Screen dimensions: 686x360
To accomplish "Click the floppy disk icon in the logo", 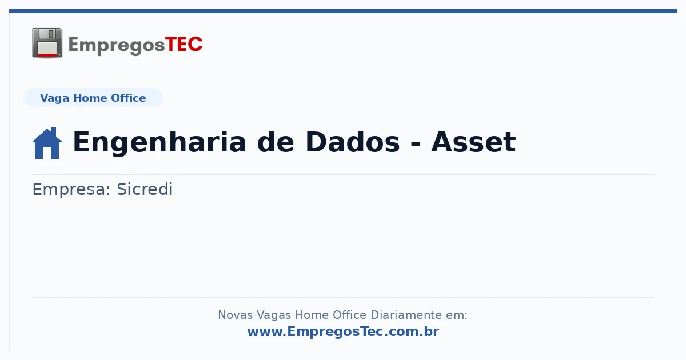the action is click(x=47, y=43).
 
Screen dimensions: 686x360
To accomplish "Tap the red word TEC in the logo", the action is click(x=184, y=45).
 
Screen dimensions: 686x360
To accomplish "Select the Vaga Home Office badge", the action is click(x=93, y=98).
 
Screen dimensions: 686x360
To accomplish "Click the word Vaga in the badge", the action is click(x=54, y=98).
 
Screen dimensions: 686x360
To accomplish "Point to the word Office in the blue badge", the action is click(x=128, y=98).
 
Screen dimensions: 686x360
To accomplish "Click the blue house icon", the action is click(x=47, y=143).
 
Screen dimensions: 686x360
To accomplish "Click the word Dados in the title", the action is click(x=353, y=142).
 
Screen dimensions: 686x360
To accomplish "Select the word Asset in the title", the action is click(x=473, y=142).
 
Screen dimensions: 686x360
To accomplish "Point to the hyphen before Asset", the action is click(x=415, y=143).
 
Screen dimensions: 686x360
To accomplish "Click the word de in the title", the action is click(x=276, y=142).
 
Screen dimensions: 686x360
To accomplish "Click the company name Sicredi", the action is click(x=145, y=189).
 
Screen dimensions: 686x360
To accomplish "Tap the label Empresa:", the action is click(x=71, y=190).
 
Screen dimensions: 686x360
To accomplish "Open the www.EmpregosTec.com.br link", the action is click(x=343, y=331).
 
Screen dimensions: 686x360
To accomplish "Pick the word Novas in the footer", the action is click(x=235, y=315).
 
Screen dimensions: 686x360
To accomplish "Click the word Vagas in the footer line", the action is click(x=274, y=315).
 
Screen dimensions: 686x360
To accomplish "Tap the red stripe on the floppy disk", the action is click(x=47, y=55).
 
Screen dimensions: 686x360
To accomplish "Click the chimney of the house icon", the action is click(x=54, y=131).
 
